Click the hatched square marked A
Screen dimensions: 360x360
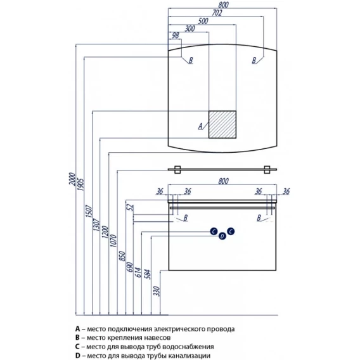click(x=222, y=124)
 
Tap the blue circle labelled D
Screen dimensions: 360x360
click(x=222, y=236)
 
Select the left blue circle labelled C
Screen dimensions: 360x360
click(x=214, y=231)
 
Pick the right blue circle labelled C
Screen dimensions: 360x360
click(x=231, y=231)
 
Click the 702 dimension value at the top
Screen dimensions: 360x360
click(x=217, y=13)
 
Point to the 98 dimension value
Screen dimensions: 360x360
click(x=176, y=35)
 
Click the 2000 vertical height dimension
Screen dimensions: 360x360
click(x=72, y=179)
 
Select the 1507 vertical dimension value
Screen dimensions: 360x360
click(x=89, y=211)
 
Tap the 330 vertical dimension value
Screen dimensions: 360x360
click(x=157, y=291)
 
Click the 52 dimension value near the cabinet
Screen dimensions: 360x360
click(x=130, y=207)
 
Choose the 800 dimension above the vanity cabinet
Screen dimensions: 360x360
click(x=223, y=181)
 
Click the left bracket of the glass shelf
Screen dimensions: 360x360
click(x=177, y=170)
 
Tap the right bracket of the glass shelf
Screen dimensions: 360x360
click(x=267, y=170)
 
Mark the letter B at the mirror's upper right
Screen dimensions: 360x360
click(x=254, y=60)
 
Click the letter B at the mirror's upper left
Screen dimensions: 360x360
click(x=191, y=60)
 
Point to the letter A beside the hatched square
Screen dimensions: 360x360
click(x=200, y=126)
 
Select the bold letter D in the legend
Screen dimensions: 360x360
click(x=78, y=356)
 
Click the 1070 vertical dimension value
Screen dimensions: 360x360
click(x=113, y=241)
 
